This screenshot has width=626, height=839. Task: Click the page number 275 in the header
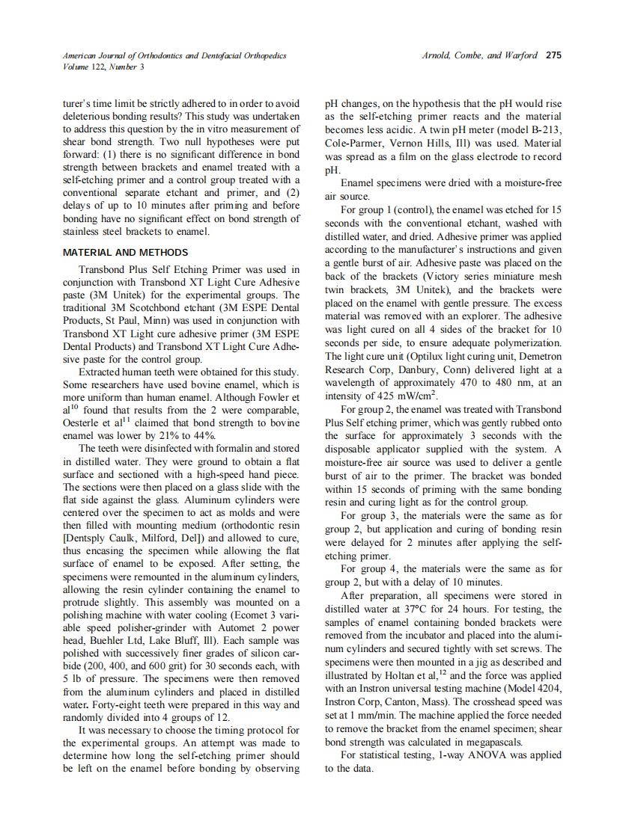pyautogui.click(x=553, y=55)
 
